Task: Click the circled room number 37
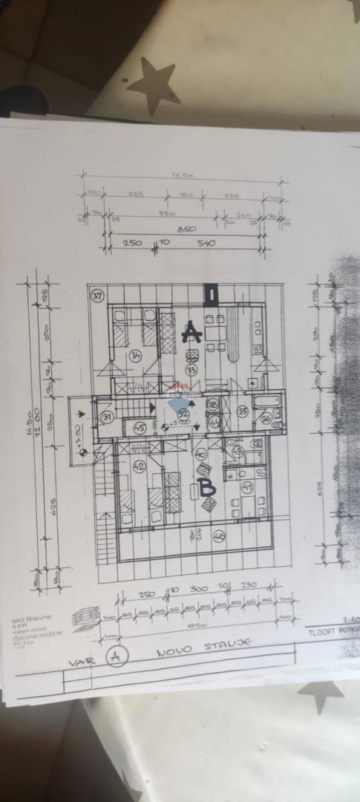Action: coord(96,296)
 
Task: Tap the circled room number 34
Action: coord(135,356)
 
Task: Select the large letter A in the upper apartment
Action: coord(192,332)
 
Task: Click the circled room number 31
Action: coord(108,417)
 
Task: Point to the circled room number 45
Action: coord(140,427)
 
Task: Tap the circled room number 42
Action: coord(138,466)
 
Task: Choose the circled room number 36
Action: coord(266,419)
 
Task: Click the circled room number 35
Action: coord(242,410)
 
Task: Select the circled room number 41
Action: coord(247,487)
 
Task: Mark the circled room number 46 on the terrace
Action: coord(219,535)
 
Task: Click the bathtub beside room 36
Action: coord(266,402)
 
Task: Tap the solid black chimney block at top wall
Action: coord(210,293)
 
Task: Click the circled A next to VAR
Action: coord(114,656)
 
